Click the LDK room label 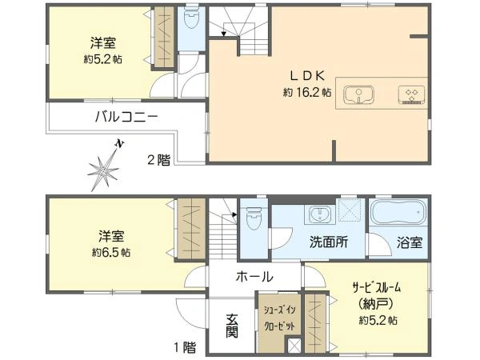click(306, 75)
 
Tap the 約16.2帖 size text click(306, 92)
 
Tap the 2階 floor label click(158, 159)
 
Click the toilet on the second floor click(191, 18)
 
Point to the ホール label click(254, 277)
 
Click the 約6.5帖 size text click(111, 252)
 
